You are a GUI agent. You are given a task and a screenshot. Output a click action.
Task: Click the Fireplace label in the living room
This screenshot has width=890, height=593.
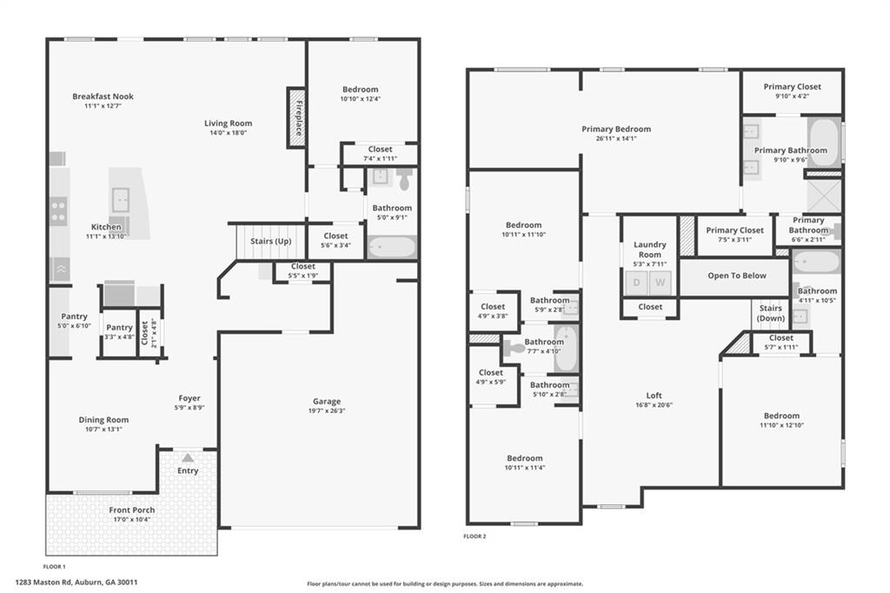297,117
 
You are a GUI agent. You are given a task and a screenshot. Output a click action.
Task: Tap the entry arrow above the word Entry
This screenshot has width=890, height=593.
188,457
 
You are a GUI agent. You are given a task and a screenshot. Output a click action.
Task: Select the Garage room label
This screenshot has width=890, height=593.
327,402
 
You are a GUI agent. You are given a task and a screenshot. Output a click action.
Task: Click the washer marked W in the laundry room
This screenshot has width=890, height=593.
660,282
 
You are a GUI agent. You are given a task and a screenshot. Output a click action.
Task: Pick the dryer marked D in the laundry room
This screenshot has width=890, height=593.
636,282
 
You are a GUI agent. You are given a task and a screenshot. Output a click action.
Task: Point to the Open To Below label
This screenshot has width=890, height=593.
736,276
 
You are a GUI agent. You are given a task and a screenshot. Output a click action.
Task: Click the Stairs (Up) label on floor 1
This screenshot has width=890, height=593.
270,241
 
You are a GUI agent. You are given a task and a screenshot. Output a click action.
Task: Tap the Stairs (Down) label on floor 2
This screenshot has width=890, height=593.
770,313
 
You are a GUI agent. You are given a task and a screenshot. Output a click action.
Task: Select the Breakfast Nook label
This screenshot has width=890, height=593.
103,97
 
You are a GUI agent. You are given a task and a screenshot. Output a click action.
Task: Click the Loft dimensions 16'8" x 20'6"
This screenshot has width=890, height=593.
654,404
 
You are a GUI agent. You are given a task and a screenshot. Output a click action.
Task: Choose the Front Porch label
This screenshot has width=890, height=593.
132,510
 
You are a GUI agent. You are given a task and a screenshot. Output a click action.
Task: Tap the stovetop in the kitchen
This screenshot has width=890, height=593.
58,209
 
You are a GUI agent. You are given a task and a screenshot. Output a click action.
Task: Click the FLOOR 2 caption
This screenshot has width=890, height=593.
475,536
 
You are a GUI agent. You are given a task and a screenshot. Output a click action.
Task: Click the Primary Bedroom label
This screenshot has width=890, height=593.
616,130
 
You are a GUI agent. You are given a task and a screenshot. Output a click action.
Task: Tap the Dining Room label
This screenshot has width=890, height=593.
103,420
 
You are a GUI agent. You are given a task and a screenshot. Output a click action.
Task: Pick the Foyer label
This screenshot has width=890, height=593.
190,398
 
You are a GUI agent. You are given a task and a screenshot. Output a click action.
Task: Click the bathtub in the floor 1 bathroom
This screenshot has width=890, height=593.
391,247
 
